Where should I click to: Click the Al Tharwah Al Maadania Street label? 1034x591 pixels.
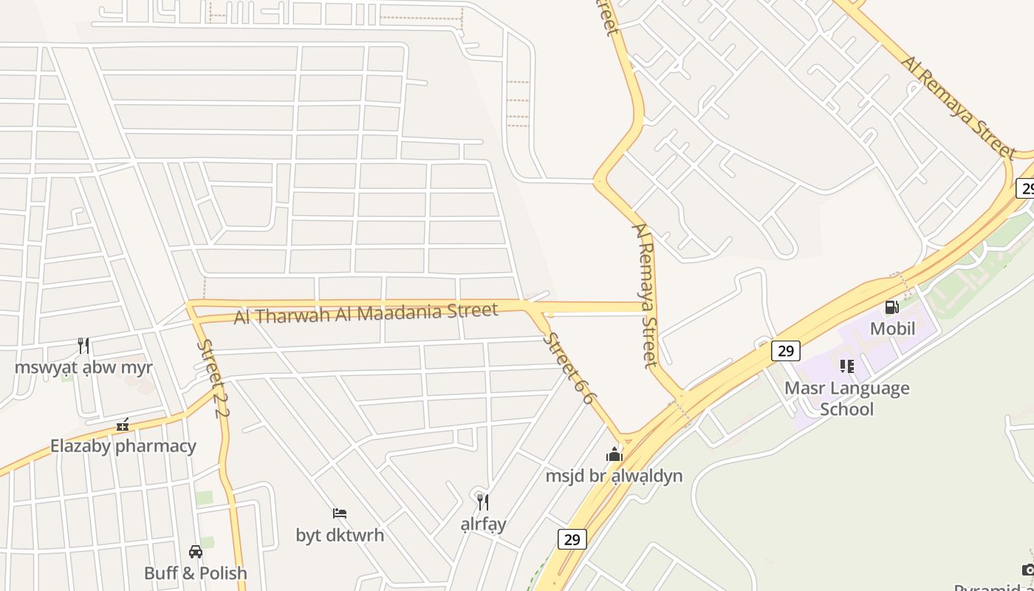pos(366,313)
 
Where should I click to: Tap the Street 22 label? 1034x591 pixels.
pos(210,378)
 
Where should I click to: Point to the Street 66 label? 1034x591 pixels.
pos(568,368)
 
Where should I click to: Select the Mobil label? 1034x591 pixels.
pos(892,328)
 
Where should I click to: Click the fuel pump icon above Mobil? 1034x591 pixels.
pos(892,307)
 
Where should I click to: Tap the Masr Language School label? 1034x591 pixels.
pos(846,398)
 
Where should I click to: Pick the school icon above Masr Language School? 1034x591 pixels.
pos(846,366)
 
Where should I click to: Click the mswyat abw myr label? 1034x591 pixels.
pos(83,367)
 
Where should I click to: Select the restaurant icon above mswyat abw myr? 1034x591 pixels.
pos(83,345)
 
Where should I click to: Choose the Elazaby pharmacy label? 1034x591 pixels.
pos(123,446)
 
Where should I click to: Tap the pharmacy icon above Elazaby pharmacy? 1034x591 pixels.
pos(123,425)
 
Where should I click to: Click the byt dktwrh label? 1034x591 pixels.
pos(340,535)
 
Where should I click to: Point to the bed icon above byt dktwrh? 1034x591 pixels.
pos(340,513)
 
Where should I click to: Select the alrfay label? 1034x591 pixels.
pos(483,524)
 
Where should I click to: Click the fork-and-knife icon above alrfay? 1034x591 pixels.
pos(483,502)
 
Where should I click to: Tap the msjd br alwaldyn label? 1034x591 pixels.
pos(614,476)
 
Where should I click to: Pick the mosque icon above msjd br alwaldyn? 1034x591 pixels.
pos(614,454)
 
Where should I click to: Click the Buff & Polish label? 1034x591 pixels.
pos(196,573)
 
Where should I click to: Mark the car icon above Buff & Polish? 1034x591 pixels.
pos(196,551)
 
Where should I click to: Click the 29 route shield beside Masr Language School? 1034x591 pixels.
pos(785,350)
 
